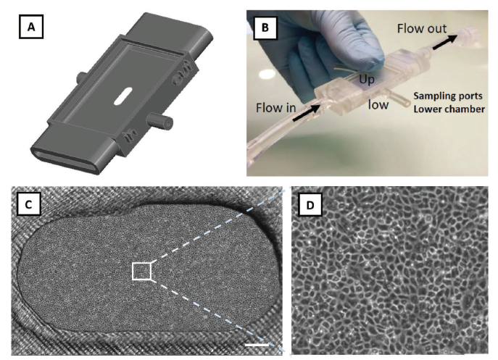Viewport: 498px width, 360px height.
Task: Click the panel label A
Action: [31, 27]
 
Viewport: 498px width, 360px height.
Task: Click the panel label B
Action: [265, 28]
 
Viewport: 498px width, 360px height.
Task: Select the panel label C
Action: [28, 204]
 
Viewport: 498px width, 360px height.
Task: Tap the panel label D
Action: [310, 205]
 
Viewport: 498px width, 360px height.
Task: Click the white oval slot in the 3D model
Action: [123, 96]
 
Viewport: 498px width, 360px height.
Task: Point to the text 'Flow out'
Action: [422, 28]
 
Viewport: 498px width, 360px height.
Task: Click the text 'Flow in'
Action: [275, 108]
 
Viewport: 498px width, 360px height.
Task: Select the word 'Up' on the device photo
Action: [367, 80]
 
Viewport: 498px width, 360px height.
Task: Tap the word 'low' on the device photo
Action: [378, 104]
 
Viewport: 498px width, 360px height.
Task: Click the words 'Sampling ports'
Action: [448, 96]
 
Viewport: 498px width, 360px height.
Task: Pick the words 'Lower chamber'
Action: [449, 109]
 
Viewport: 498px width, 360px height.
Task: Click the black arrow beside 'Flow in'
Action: [307, 112]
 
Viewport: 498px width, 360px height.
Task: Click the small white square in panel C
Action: [141, 271]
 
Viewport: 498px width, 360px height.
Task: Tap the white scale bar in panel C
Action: [257, 345]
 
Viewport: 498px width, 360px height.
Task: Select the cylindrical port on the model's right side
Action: [159, 120]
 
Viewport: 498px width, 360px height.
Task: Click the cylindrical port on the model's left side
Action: [80, 77]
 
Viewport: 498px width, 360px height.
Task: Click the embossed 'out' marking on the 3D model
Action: [182, 72]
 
